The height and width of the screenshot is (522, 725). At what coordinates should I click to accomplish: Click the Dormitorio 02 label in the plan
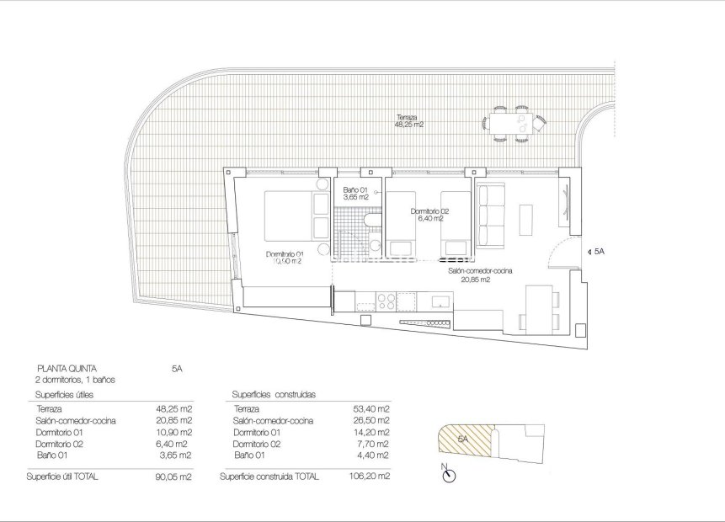click(x=429, y=211)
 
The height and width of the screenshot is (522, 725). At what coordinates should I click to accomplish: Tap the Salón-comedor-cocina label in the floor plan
click(x=481, y=270)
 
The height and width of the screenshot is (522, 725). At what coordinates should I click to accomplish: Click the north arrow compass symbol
click(x=449, y=474)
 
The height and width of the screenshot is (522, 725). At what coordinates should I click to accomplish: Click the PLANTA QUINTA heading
click(x=67, y=368)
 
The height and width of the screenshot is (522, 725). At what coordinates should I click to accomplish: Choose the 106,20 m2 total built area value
click(x=370, y=477)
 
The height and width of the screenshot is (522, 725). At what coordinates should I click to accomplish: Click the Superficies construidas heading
click(x=267, y=394)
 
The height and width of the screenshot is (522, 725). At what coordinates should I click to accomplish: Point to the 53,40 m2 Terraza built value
click(x=371, y=408)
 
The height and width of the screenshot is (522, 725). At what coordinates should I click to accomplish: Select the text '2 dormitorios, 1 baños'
click(x=76, y=380)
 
